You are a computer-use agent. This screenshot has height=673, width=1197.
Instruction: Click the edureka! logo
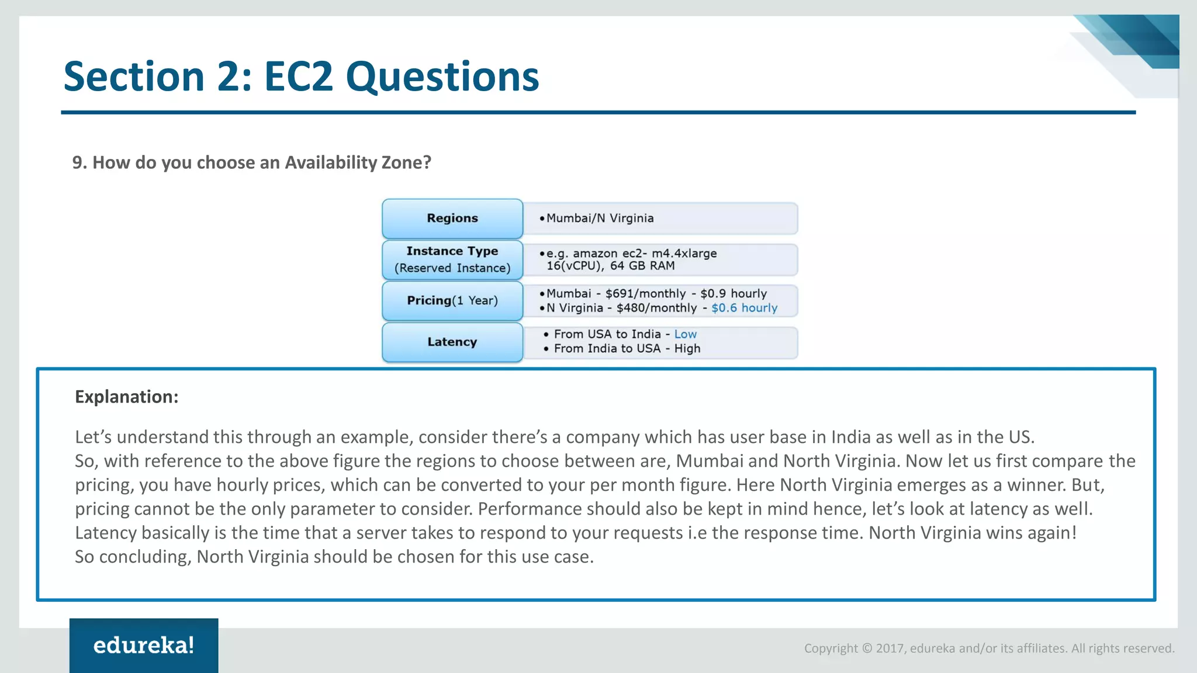tap(144, 645)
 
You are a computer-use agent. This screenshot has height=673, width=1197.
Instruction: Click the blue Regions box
tap(452, 218)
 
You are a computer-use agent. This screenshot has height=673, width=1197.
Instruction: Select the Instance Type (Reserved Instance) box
tap(452, 259)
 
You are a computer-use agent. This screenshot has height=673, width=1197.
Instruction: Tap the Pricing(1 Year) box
tap(452, 300)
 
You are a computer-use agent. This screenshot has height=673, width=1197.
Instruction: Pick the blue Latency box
tap(452, 342)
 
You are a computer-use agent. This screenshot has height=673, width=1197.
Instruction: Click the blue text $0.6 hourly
tap(744, 308)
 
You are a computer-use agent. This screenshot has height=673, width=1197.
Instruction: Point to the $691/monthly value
tap(645, 293)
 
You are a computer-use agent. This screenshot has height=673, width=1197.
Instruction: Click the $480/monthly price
tap(656, 308)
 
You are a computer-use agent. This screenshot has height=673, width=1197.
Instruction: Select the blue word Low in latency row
tap(685, 334)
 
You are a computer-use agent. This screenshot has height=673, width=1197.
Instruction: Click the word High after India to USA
tap(687, 349)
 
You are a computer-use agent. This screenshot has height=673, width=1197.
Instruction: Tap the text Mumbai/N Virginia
tap(600, 218)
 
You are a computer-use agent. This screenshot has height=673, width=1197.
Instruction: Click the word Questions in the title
tap(442, 77)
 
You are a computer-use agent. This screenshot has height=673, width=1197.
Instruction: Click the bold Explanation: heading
tap(126, 397)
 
